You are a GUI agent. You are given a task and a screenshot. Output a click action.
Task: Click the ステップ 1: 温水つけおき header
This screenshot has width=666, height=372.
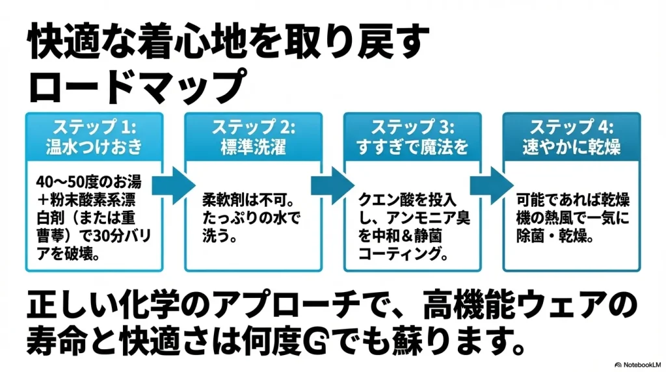pyautogui.click(x=94, y=136)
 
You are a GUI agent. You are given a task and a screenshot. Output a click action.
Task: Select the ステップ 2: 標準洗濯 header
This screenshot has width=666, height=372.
pyautogui.click(x=253, y=136)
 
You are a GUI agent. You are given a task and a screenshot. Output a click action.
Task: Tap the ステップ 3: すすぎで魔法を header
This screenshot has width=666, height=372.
pyautogui.click(x=412, y=136)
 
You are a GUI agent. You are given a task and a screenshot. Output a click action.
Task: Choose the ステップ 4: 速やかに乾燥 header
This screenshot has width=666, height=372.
pyautogui.click(x=572, y=136)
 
